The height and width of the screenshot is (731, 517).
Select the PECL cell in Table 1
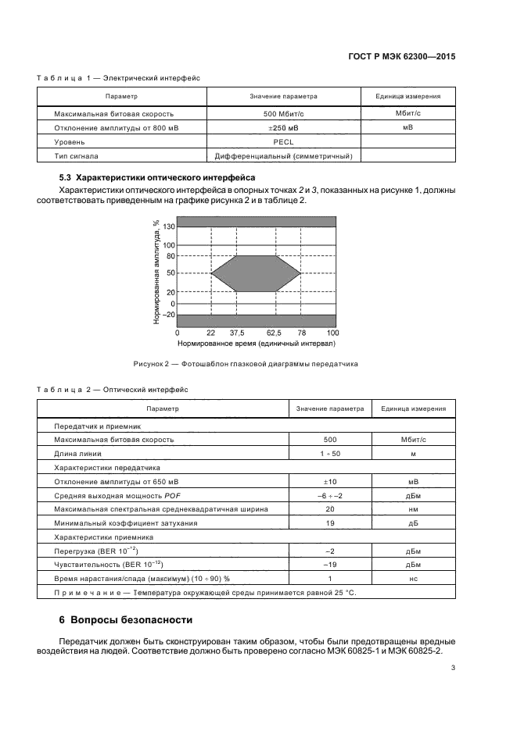pyautogui.click(x=283, y=142)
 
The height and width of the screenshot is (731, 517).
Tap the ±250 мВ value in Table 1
pyautogui.click(x=283, y=127)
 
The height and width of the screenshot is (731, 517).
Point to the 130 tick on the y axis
pyautogui.click(x=169, y=226)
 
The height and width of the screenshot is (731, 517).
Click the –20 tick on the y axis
pyautogui.click(x=167, y=316)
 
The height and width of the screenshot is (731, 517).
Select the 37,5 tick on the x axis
pyautogui.click(x=236, y=332)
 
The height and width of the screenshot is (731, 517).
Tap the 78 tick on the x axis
pyautogui.click(x=301, y=332)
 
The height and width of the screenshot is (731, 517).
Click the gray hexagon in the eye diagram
pyautogui.click(x=256, y=273)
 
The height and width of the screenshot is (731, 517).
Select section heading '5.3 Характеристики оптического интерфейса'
pyautogui.click(x=152, y=177)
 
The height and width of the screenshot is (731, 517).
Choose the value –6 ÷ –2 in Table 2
pyautogui.click(x=329, y=495)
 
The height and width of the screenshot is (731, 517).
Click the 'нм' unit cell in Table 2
pyautogui.click(x=412, y=508)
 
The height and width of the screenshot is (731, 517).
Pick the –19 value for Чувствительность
pyautogui.click(x=329, y=565)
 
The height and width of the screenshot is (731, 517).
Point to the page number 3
pyautogui.click(x=454, y=668)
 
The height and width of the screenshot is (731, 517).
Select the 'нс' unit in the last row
pyautogui.click(x=412, y=579)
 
